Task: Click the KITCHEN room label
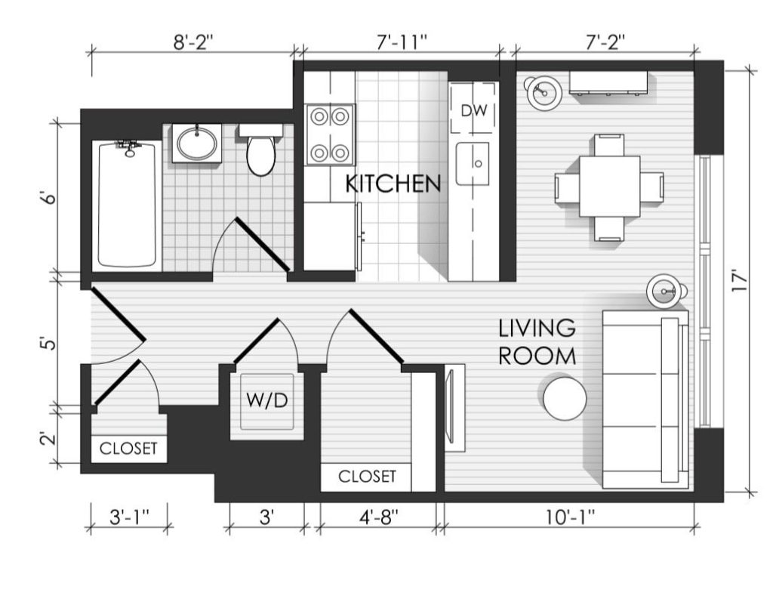393,184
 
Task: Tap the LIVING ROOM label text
537,342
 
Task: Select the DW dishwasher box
473,109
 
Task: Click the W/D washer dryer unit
266,401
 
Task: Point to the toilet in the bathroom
260,150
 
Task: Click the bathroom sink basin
197,143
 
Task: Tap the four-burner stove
330,134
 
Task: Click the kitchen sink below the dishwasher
473,164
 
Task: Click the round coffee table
565,398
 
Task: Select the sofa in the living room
645,400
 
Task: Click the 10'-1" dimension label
571,517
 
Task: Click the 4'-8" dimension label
379,517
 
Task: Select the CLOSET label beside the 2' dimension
128,449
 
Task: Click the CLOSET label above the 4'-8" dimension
368,477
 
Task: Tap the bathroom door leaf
263,245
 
